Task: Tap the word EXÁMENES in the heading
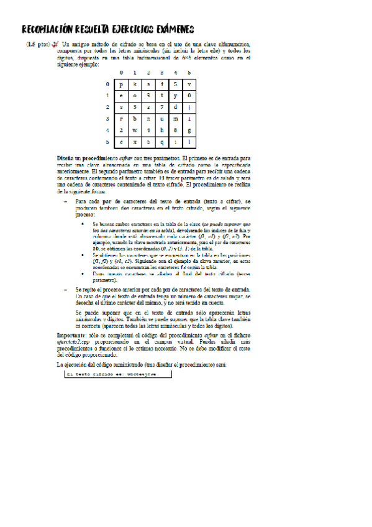(x=170, y=29)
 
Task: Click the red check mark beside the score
(x=55, y=45)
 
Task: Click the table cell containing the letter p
(x=122, y=83)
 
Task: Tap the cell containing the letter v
(x=189, y=83)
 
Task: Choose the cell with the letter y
(x=176, y=95)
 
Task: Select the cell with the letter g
(x=189, y=130)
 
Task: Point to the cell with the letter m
(x=176, y=118)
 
